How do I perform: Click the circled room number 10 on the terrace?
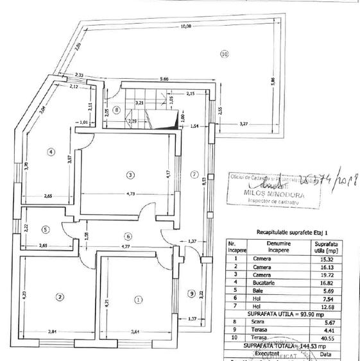click(224, 55)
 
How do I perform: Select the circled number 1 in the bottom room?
click(137, 299)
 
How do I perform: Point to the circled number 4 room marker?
click(50, 152)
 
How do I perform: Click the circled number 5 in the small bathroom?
click(46, 229)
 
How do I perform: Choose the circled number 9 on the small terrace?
click(191, 294)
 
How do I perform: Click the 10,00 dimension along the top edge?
click(185, 26)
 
